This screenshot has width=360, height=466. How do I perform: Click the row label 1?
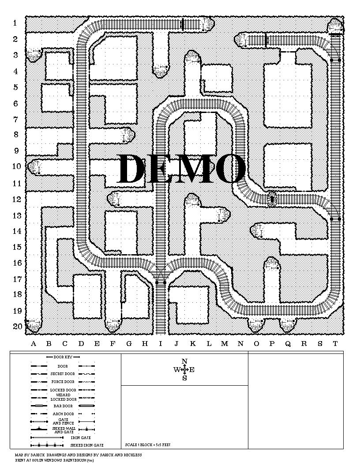pyautogui.click(x=15, y=23)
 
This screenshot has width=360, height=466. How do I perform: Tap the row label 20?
pyautogui.click(x=17, y=327)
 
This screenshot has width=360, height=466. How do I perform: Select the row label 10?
pyautogui.click(x=17, y=166)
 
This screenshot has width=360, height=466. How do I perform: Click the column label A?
pyautogui.click(x=34, y=344)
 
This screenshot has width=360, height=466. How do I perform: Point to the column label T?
pyautogui.click(x=335, y=344)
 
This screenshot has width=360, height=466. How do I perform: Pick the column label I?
pyautogui.click(x=161, y=344)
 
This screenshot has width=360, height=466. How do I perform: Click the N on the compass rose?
pyautogui.click(x=184, y=361)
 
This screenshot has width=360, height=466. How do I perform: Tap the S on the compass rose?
pyautogui.click(x=184, y=378)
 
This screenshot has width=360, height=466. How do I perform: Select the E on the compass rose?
pyautogui.click(x=192, y=370)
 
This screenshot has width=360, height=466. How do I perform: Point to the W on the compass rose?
pyautogui.click(x=176, y=370)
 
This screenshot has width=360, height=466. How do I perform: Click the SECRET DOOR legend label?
pyautogui.click(x=63, y=374)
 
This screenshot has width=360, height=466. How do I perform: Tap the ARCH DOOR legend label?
pyautogui.click(x=63, y=414)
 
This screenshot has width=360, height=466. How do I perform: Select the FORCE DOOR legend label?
pyautogui.click(x=63, y=382)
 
